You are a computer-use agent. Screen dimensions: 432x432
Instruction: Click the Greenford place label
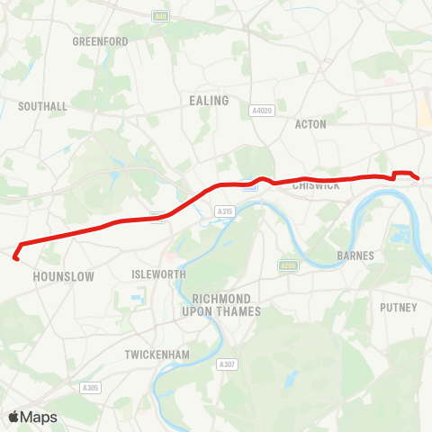(x=100, y=41)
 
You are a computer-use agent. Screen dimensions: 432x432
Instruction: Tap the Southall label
(x=43, y=106)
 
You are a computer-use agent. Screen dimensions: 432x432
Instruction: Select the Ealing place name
(x=208, y=101)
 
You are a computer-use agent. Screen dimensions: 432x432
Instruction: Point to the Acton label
(x=310, y=124)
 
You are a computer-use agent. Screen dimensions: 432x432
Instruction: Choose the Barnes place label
(x=355, y=256)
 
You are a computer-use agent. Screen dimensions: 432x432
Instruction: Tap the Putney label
(x=400, y=308)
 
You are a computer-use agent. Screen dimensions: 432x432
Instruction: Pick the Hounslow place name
(x=63, y=277)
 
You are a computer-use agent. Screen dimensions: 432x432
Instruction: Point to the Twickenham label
(x=158, y=355)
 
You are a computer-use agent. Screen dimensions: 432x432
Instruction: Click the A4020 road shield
(x=262, y=111)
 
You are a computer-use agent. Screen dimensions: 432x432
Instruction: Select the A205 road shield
(x=288, y=265)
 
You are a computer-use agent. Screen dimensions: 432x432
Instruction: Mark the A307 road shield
(x=228, y=364)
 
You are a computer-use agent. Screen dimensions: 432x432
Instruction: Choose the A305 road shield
(x=91, y=388)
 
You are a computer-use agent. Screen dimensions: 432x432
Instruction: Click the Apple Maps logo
(x=32, y=417)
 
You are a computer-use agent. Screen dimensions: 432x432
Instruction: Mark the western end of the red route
(x=15, y=258)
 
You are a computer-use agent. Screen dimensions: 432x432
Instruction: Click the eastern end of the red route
(x=419, y=178)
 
